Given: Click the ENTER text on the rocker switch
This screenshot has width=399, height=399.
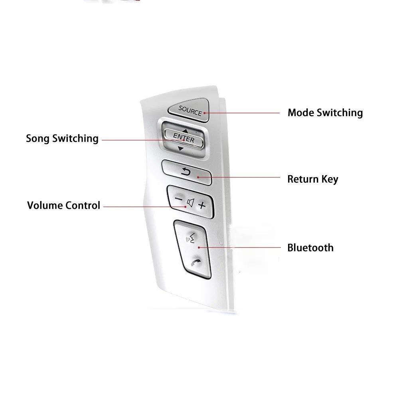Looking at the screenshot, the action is [x=184, y=138].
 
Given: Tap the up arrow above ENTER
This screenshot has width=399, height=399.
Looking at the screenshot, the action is [x=185, y=131].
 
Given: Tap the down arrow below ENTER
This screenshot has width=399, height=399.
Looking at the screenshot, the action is [x=180, y=148].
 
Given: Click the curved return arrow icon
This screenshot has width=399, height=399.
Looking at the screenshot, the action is [x=186, y=172].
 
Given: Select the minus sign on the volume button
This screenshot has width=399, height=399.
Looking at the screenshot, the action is [x=179, y=199].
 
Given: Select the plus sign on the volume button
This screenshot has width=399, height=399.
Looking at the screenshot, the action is [x=202, y=205].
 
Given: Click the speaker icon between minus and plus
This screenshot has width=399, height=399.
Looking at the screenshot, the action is [x=190, y=203].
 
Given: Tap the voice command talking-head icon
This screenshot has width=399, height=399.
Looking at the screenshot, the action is [x=191, y=238].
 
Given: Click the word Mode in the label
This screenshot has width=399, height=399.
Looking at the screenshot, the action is [x=300, y=113].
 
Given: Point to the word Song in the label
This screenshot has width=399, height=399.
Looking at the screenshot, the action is [x=38, y=139].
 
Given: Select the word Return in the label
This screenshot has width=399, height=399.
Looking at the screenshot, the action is [x=303, y=179].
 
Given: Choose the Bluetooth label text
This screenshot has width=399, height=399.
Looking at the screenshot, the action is [x=310, y=248].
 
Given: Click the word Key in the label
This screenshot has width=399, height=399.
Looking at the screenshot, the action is [x=330, y=180].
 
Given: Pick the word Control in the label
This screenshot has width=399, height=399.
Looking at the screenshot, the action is [x=83, y=205].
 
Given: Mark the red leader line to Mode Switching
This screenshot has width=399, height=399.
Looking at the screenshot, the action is [x=242, y=113].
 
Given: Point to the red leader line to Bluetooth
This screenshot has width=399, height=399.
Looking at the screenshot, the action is [x=239, y=247].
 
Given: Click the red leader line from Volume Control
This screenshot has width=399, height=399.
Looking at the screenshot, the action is [x=145, y=207].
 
